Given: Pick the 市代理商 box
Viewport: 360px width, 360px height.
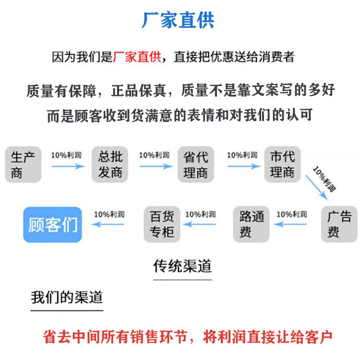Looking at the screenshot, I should pyautogui.click(x=282, y=164).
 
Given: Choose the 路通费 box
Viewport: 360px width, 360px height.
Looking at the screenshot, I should pyautogui.click(x=252, y=224).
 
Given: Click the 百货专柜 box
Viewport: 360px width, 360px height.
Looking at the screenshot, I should pyautogui.click(x=162, y=224).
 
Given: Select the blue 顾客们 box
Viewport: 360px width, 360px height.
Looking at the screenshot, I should pyautogui.click(x=53, y=224).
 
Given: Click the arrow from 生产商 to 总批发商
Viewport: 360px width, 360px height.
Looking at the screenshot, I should pyautogui.click(x=67, y=166).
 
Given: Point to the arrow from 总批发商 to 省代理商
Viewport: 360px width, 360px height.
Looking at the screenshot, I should pyautogui.click(x=155, y=166).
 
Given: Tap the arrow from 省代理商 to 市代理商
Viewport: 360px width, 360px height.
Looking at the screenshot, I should pyautogui.click(x=242, y=166).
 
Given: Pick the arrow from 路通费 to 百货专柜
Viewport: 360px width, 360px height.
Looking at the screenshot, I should pyautogui.click(x=200, y=224).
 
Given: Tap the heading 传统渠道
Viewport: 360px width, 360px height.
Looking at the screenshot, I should pyautogui.click(x=182, y=265).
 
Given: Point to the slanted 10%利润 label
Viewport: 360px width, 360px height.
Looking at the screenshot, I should pyautogui.click(x=324, y=177).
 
